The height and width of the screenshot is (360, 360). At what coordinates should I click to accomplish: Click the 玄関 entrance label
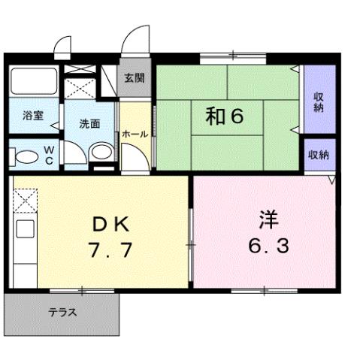[x=135, y=77]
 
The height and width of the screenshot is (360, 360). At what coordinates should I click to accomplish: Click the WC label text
[x=47, y=155]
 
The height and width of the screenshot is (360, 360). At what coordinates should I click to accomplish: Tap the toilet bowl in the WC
[x=26, y=157]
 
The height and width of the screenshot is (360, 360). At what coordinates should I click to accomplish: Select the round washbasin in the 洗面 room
[x=98, y=153]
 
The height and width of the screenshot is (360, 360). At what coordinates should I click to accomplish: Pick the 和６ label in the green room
[x=225, y=116]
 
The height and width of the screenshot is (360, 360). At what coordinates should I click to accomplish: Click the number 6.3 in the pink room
[x=268, y=245]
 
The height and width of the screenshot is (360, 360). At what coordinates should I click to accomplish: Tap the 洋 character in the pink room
[x=268, y=219]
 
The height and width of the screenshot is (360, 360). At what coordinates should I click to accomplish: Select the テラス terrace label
[x=63, y=313]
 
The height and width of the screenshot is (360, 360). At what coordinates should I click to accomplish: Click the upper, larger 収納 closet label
[x=319, y=101]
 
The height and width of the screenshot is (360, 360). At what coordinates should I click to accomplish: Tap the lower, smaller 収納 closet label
[x=318, y=155]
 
